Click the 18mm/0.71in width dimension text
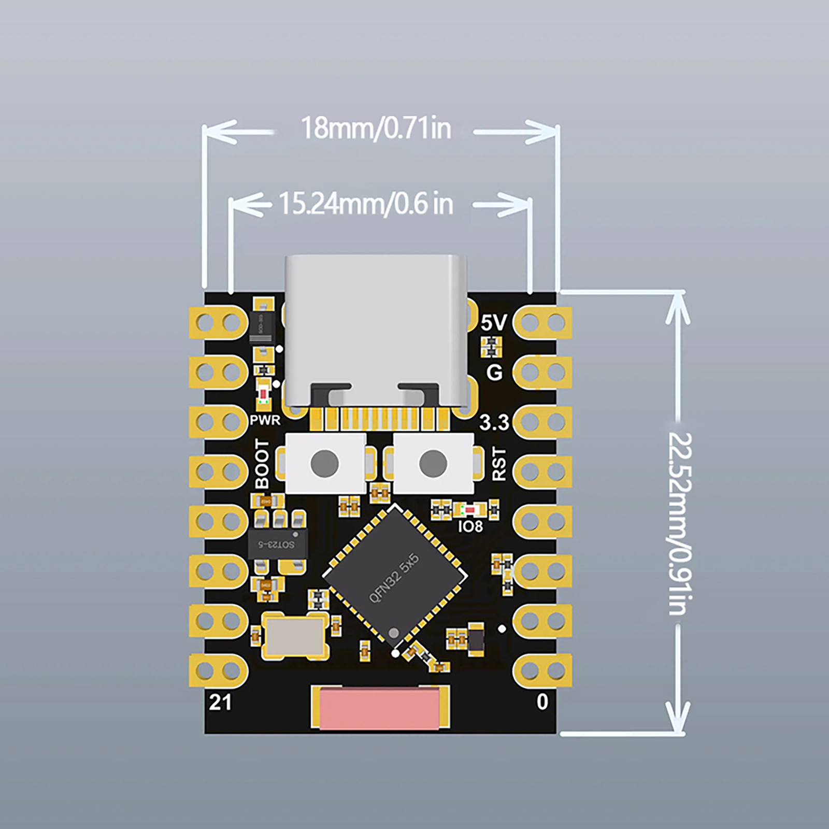(x=376, y=128)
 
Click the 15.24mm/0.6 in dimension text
(x=366, y=204)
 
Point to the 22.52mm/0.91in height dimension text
(x=679, y=523)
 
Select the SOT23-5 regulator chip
(x=277, y=544)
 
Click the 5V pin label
(x=493, y=323)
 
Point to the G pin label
(x=494, y=372)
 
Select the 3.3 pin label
(x=494, y=423)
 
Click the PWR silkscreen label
(x=265, y=420)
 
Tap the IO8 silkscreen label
(x=470, y=526)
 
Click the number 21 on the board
(x=220, y=703)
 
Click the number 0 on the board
(x=542, y=702)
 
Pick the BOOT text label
(x=262, y=464)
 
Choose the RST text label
(x=498, y=464)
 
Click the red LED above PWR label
(x=264, y=394)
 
